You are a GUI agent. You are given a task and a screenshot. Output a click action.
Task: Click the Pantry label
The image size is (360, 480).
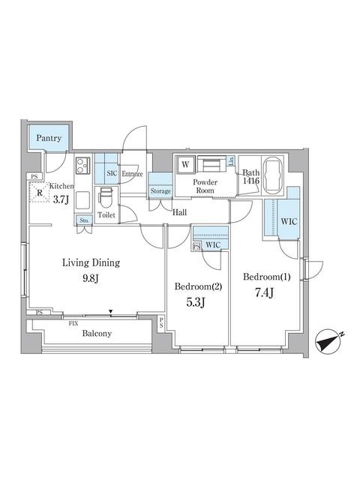pyautogui.click(x=49, y=138)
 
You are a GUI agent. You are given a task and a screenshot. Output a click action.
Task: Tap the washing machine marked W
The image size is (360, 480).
pyautogui.click(x=185, y=165)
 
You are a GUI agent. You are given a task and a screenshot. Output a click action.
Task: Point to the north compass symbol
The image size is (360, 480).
pyautogui.click(x=329, y=340)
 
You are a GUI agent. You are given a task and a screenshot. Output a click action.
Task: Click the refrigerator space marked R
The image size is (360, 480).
pyautogui.click(x=40, y=193)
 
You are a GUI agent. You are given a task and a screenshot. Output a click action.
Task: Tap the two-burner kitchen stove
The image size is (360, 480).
pyautogui.click(x=83, y=166)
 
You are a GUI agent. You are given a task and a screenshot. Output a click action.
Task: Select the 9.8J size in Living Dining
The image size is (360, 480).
pyautogui.click(x=91, y=278)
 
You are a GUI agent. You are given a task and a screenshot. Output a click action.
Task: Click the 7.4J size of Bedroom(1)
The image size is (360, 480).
pyautogui.click(x=264, y=293)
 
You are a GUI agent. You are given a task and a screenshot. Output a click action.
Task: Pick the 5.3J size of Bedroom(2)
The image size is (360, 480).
pyautogui.click(x=195, y=302)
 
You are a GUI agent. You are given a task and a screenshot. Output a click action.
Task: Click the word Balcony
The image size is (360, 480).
pyautogui.click(x=97, y=333)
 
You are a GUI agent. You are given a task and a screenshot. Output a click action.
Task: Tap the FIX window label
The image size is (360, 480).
pyautogui.click(x=73, y=323)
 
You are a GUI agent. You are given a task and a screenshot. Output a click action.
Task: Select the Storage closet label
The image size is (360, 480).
pyautogui.click(x=160, y=191)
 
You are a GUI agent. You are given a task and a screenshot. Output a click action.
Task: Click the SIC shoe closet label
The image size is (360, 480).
pyautogui.click(x=112, y=173)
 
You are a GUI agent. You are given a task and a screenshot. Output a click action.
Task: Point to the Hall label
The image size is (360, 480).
pyautogui.click(x=179, y=212)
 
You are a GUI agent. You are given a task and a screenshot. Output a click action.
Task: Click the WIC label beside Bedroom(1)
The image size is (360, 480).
pyautogui.click(x=289, y=222)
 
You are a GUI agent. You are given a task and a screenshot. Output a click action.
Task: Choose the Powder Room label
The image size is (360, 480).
pyautogui.click(x=205, y=186)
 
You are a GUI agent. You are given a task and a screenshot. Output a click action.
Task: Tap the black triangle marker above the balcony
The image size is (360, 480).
pyautogui.click(x=110, y=312)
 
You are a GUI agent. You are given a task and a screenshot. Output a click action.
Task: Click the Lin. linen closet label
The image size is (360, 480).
pyautogui.click(x=231, y=160)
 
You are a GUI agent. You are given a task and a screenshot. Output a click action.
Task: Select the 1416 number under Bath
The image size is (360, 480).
pyautogui.click(x=251, y=181)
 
